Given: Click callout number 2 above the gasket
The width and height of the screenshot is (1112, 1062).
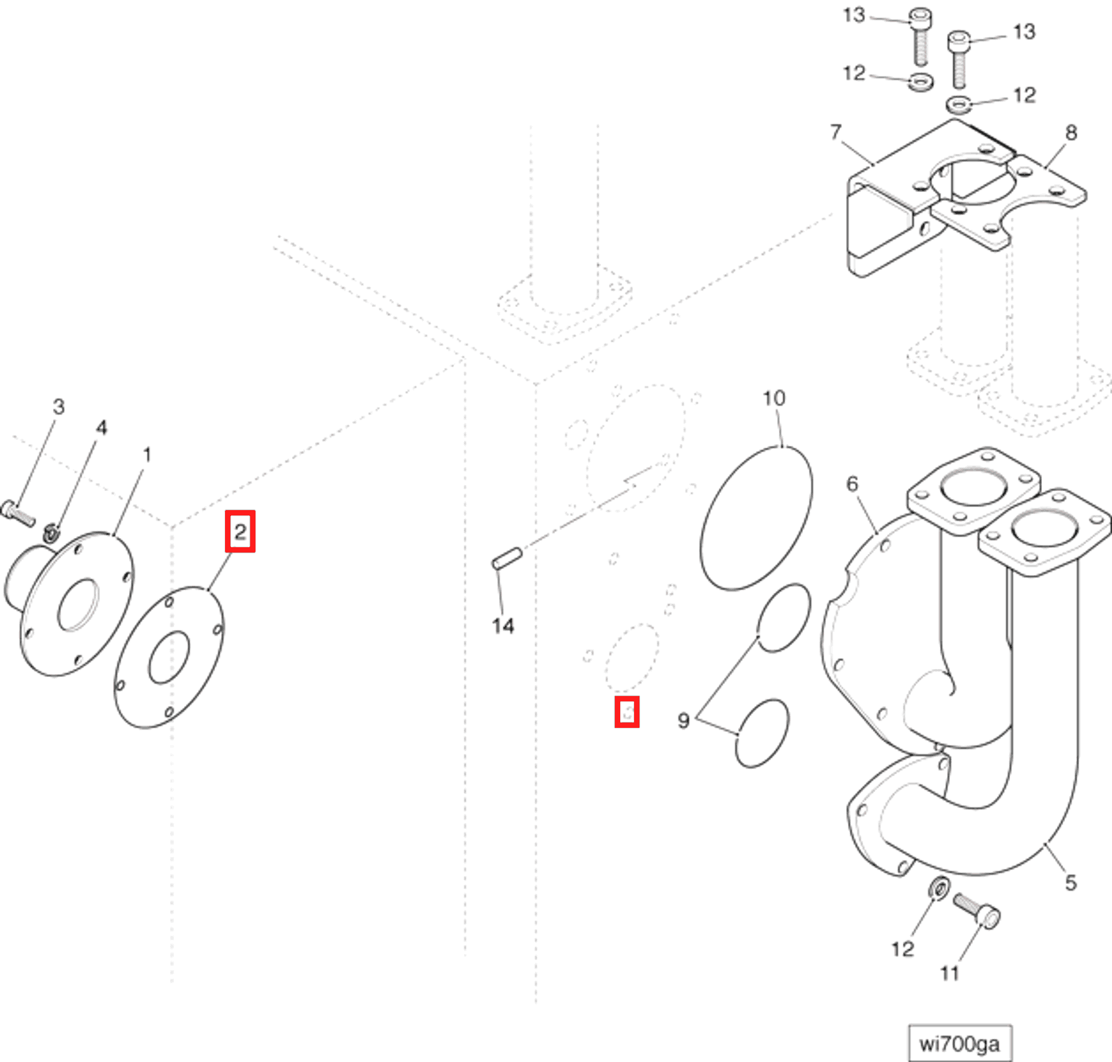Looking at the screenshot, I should (x=240, y=531).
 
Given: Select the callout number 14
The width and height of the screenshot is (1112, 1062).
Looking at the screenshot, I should (x=502, y=625).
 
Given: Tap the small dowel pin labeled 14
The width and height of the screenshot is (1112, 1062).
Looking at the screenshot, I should (x=507, y=558).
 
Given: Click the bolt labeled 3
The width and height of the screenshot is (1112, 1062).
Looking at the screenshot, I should (x=18, y=513).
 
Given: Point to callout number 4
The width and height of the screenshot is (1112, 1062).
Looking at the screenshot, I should (x=101, y=427).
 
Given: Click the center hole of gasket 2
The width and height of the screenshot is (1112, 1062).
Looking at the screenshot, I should (x=169, y=657).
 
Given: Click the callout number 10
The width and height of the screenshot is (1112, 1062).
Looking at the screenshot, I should (x=773, y=398).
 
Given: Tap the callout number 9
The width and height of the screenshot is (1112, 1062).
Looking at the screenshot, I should (x=683, y=720).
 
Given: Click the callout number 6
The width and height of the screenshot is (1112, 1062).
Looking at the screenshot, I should (x=852, y=484).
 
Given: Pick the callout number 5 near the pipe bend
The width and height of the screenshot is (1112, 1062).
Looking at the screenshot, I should (x=1070, y=882).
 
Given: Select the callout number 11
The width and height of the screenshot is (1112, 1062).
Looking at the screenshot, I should (x=949, y=973).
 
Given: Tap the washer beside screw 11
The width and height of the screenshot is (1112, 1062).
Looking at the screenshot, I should (x=939, y=888).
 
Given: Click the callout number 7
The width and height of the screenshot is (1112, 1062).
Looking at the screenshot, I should (x=835, y=132).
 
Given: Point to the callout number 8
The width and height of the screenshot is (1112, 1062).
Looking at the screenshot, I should (x=1070, y=132).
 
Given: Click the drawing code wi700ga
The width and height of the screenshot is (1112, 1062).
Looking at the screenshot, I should (x=959, y=1043).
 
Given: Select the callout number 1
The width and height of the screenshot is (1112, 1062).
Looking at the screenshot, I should (x=147, y=455).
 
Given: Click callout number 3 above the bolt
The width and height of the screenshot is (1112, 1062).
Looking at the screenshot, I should (x=59, y=406).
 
